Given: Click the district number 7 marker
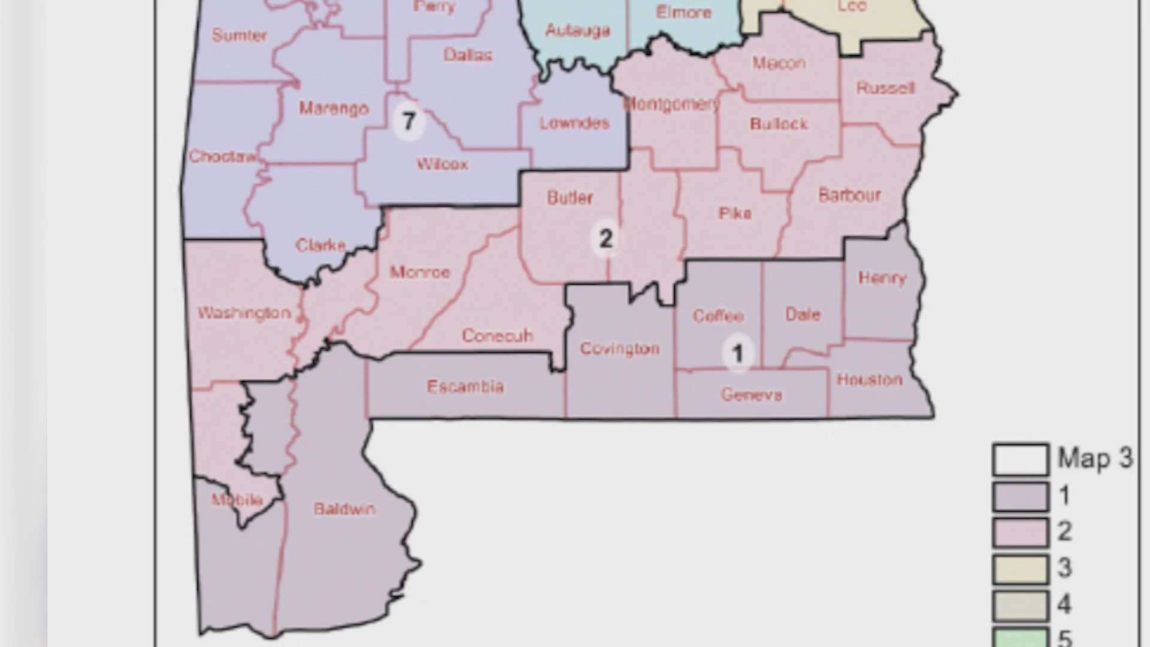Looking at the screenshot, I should click(408, 122).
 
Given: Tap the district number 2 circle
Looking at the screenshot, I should click(606, 239).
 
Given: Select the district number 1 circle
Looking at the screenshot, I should click(737, 353).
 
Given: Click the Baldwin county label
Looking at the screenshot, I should click(344, 509).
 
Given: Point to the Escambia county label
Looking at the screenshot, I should click(465, 386).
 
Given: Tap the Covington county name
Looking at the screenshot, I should click(619, 349).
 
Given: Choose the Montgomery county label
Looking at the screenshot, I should click(671, 104).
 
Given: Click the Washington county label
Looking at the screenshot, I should click(244, 313).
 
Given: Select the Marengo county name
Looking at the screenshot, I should click(334, 108).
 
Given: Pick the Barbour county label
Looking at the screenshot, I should click(849, 195).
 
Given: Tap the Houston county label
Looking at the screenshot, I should click(869, 379).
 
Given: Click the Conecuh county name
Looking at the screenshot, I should click(497, 335).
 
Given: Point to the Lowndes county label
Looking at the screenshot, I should click(574, 123).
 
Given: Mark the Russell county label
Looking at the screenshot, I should click(885, 89).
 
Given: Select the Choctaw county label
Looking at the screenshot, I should click(223, 156).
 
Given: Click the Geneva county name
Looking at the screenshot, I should click(751, 395).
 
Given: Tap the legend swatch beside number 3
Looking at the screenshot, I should click(1020, 569).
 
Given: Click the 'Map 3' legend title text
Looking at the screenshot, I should click(1095, 459).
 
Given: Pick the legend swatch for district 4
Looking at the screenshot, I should click(1020, 605).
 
